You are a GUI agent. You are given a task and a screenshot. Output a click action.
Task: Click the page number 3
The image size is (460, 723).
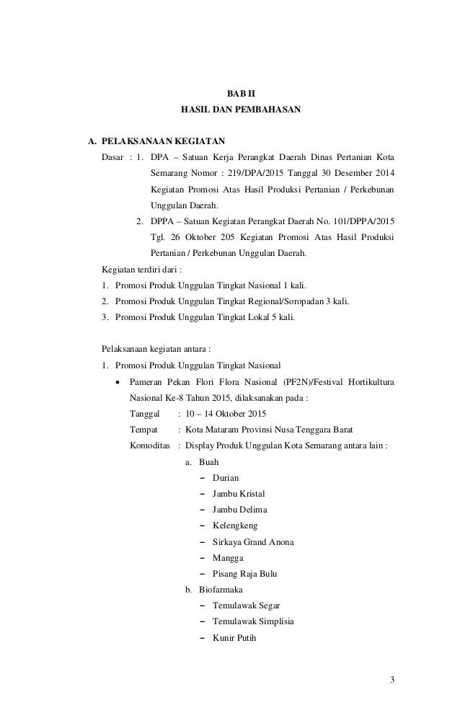[x=392, y=679]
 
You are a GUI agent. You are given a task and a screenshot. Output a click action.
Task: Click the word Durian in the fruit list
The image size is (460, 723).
[x=225, y=478]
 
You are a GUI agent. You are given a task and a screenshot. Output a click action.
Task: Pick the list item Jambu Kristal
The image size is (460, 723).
[x=238, y=494]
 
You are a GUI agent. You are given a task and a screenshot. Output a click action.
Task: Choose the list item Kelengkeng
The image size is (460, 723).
[x=234, y=526]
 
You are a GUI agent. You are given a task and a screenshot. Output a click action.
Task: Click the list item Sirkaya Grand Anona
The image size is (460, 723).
[x=252, y=542]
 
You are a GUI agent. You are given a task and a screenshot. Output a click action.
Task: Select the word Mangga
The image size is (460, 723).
[x=228, y=558]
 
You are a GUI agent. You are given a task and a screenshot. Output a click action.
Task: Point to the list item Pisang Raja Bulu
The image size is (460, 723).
[x=244, y=574]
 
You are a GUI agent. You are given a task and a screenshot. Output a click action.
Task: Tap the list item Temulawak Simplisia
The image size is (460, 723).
[x=253, y=621]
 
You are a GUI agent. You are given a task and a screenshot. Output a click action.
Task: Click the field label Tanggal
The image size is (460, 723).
[x=144, y=414]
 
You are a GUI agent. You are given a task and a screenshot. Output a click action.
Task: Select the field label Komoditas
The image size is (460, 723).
[x=150, y=445]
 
